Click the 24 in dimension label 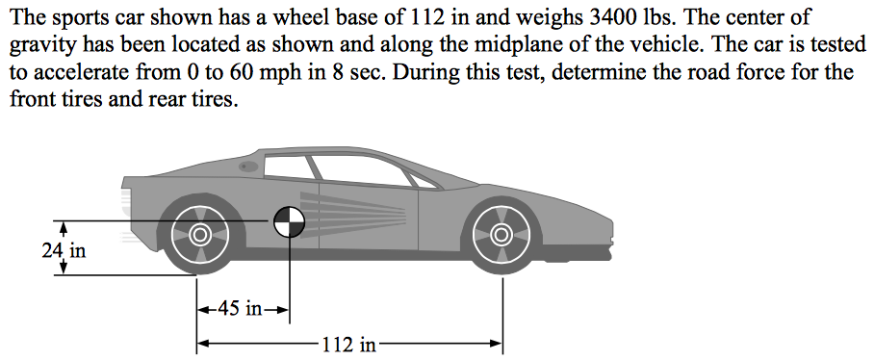(x=64, y=251)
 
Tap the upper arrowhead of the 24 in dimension (x=64, y=227)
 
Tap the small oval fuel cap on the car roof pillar (x=249, y=167)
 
